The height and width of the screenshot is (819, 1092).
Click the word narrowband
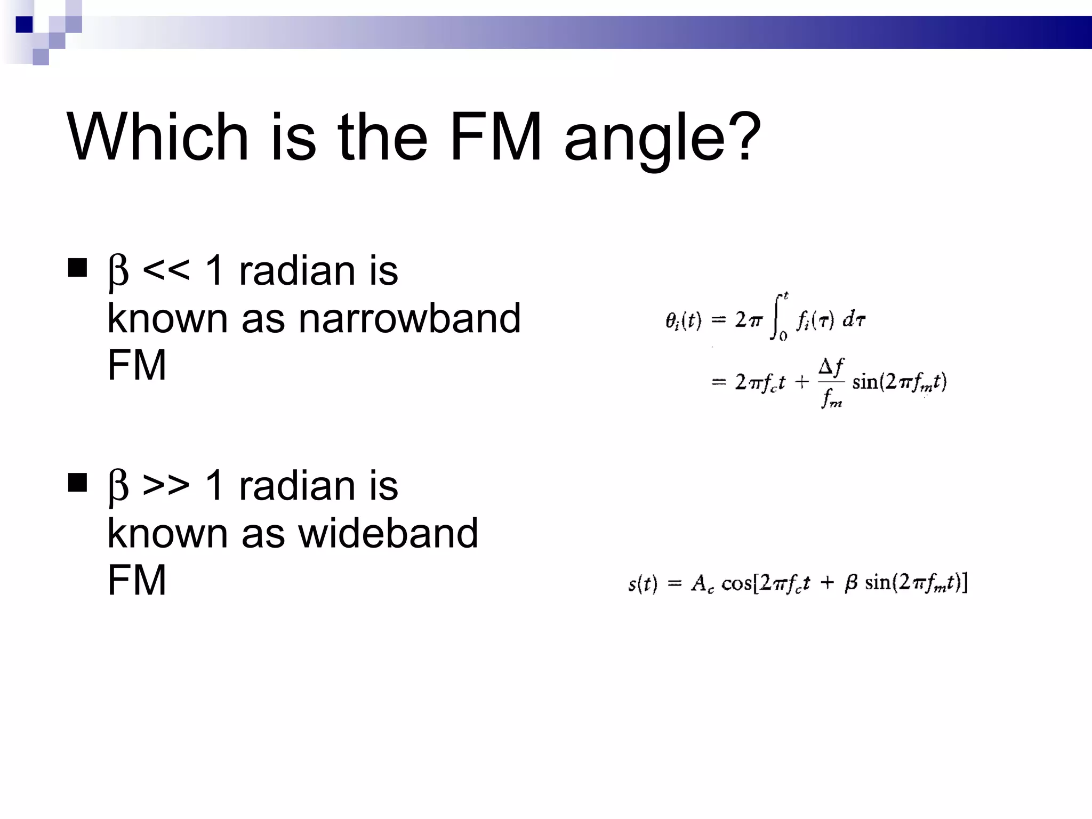[409, 318]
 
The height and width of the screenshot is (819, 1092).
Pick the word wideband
[388, 533]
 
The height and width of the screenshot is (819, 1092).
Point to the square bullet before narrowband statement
[78, 268]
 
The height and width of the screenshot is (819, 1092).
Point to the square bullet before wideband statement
[78, 483]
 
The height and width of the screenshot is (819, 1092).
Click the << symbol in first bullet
[166, 270]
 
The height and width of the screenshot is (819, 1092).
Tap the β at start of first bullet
[118, 271]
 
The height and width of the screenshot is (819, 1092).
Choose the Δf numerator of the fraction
[831, 367]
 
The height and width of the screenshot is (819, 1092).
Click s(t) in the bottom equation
[643, 584]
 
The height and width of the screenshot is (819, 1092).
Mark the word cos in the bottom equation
[736, 583]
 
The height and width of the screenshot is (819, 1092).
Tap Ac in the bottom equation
[702, 584]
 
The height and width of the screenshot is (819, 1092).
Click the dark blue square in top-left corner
[24, 25]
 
